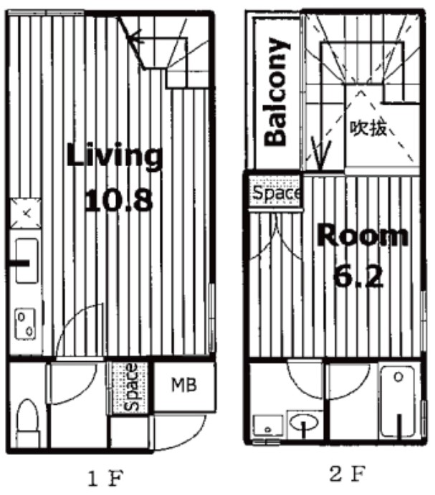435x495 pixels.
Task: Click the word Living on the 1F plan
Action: [115, 157]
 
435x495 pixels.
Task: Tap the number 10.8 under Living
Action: [119, 200]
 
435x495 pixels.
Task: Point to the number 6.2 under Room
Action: [358, 277]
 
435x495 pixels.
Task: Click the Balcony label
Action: [277, 92]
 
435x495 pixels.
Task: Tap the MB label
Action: [184, 385]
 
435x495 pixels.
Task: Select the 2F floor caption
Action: [348, 474]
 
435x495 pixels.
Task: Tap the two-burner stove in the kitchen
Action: [25, 324]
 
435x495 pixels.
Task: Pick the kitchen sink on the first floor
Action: [27, 261]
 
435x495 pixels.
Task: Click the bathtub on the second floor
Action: [398, 402]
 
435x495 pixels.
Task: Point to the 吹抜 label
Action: [368, 128]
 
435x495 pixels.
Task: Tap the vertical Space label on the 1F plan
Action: [131, 387]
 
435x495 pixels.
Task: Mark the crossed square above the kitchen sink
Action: [26, 213]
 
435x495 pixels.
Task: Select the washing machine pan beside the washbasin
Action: [269, 426]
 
